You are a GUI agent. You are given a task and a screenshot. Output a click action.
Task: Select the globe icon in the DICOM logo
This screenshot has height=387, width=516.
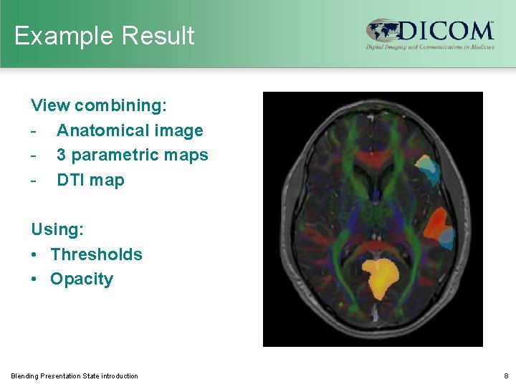pyautogui.click(x=382, y=32)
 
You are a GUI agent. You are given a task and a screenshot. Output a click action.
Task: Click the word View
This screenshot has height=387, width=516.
pyautogui.click(x=50, y=106)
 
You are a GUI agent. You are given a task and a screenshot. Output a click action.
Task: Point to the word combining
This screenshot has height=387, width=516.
pyautogui.click(x=121, y=106)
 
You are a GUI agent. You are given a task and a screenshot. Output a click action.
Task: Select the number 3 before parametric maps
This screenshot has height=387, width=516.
pyautogui.click(x=62, y=155)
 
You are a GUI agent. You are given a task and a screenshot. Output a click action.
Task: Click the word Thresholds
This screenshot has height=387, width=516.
pyautogui.click(x=97, y=254)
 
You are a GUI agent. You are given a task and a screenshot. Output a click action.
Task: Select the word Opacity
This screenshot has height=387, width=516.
pyautogui.click(x=82, y=279)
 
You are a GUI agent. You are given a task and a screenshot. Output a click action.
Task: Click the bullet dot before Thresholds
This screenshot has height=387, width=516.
pyautogui.click(x=36, y=254)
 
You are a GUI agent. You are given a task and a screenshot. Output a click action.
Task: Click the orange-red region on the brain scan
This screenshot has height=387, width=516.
pyautogui.click(x=435, y=224)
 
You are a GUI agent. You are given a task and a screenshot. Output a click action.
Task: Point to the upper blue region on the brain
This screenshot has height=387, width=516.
pyautogui.click(x=427, y=168)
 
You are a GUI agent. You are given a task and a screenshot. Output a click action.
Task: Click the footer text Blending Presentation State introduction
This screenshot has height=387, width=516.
pyautogui.click(x=75, y=376)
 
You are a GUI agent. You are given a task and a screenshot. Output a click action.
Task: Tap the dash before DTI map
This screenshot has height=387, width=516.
pyautogui.click(x=34, y=180)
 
